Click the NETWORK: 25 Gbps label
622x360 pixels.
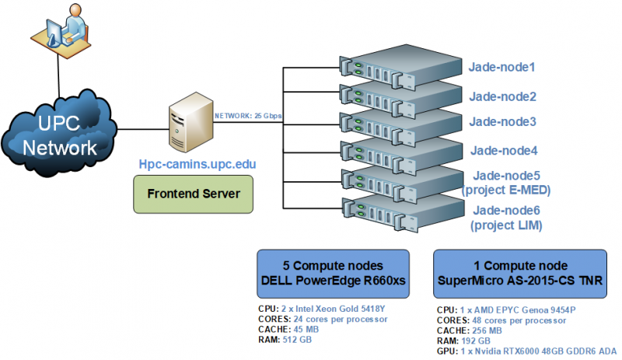coord(248,116)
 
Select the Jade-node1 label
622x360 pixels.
coord(503,68)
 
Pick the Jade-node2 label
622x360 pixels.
coord(503,97)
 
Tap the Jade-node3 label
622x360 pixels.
coord(503,121)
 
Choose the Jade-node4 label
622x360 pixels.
coord(503,150)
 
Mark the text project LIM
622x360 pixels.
coord(506,225)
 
